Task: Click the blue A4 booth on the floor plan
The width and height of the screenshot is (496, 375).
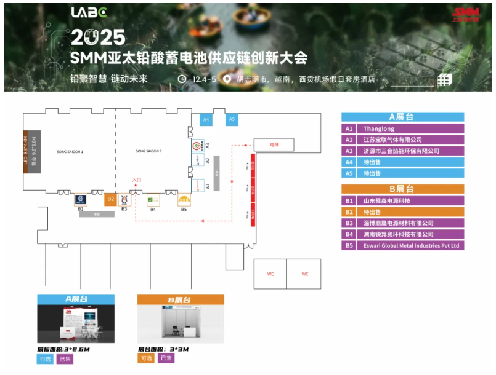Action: click(x=206, y=120)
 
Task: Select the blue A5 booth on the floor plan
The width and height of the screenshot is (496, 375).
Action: click(x=232, y=120)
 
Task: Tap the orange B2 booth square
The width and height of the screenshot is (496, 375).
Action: click(x=110, y=199)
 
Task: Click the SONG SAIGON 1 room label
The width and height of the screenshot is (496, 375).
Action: click(x=70, y=152)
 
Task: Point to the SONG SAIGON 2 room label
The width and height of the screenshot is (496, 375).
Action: click(x=148, y=151)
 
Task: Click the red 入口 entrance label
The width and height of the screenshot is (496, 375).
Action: click(x=137, y=180)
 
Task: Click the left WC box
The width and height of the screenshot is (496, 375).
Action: click(x=270, y=274)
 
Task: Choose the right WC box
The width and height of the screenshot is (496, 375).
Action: click(x=304, y=274)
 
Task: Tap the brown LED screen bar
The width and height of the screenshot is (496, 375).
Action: click(x=26, y=152)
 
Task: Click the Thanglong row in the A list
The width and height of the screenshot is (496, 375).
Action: click(x=402, y=129)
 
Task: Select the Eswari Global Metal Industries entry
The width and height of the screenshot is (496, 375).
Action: click(x=402, y=245)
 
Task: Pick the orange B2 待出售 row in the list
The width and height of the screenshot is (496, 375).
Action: click(x=402, y=211)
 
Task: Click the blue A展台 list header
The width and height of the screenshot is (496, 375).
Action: click(x=402, y=117)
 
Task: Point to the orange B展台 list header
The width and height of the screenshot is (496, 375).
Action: click(x=402, y=189)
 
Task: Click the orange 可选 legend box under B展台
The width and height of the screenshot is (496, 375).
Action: click(x=146, y=358)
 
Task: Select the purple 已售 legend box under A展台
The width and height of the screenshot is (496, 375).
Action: click(x=65, y=359)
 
